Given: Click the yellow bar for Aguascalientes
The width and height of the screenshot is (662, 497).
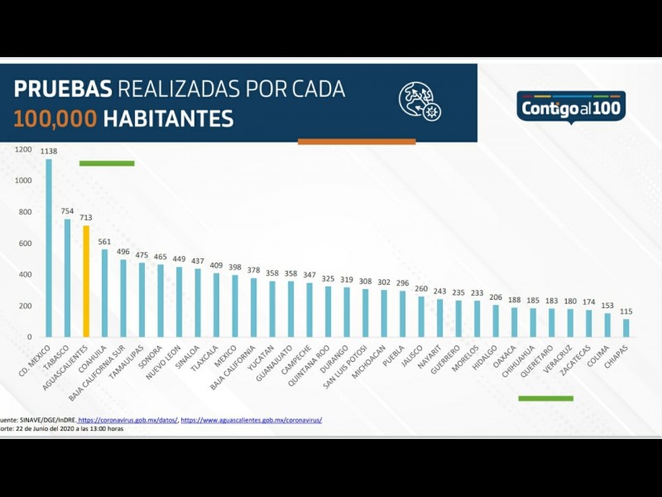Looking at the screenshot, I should [x=85, y=282].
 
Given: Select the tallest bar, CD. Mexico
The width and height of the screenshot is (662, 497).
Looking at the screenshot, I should [x=48, y=248].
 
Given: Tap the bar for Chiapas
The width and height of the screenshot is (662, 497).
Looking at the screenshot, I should [x=626, y=328].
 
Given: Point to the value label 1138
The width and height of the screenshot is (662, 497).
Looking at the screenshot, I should [x=48, y=152].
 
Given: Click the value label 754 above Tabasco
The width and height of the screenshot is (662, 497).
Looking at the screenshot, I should [x=67, y=211].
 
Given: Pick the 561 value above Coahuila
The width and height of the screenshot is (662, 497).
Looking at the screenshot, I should [x=104, y=242].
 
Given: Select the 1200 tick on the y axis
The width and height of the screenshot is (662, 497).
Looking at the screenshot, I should [x=23, y=150].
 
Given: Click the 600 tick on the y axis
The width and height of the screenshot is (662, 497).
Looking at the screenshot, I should [x=25, y=244].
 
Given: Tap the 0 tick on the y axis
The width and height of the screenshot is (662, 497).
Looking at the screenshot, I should [x=29, y=337].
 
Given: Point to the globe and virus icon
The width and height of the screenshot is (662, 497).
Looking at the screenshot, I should [x=420, y=101].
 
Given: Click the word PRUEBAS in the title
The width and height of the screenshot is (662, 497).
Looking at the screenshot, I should [x=63, y=89].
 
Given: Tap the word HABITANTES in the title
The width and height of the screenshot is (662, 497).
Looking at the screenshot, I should [x=168, y=118].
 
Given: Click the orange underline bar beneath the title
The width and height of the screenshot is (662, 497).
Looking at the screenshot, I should [x=357, y=142].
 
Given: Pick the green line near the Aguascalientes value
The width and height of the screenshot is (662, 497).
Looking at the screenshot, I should [x=107, y=163].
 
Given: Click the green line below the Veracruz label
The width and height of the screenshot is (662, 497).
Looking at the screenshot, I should [x=545, y=398].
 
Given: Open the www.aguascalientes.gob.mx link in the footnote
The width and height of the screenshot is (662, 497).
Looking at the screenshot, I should [x=252, y=420].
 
